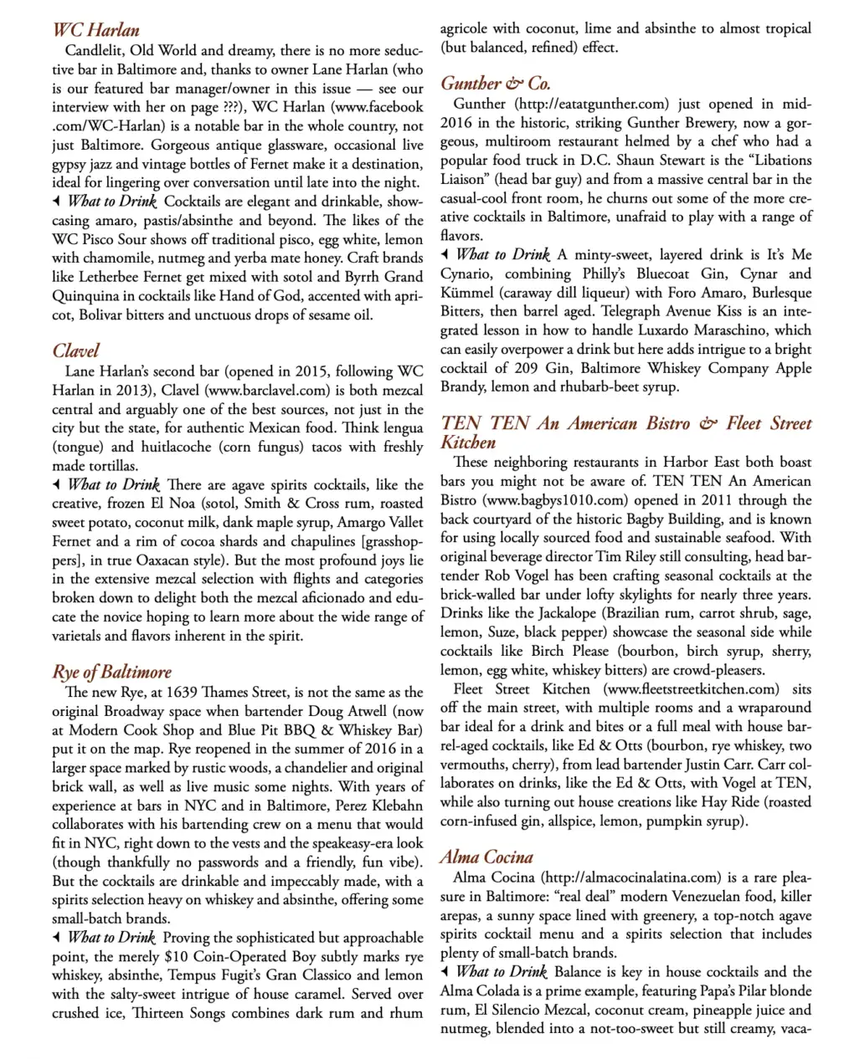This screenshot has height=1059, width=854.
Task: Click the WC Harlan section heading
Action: (x=95, y=31)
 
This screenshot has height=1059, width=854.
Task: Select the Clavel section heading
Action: (x=75, y=350)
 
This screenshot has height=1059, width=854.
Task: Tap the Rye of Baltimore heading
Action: (x=111, y=672)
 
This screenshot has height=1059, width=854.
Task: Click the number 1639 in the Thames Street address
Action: (x=183, y=693)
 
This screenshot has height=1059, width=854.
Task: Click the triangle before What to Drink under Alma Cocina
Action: (x=445, y=971)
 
